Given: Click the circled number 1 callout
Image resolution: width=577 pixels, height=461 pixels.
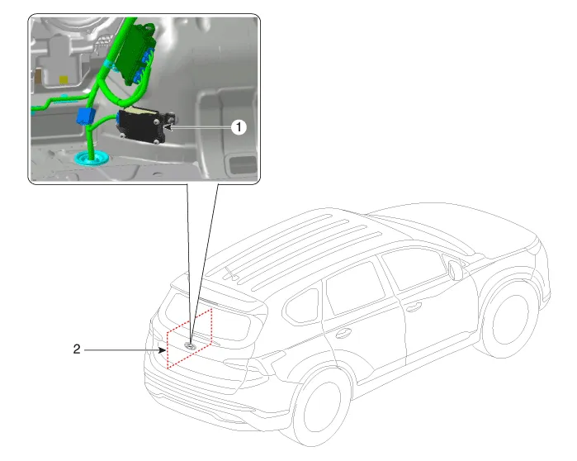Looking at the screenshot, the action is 239,127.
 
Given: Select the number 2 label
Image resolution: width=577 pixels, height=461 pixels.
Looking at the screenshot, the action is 77,349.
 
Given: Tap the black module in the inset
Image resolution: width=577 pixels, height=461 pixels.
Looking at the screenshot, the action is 141,126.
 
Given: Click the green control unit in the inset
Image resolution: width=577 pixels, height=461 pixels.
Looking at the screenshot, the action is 135,55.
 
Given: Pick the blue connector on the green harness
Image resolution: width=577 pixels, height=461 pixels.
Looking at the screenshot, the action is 85,116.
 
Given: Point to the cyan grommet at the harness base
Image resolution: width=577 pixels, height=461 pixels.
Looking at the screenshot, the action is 92,159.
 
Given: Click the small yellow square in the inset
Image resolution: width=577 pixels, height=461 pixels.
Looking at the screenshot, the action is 64,80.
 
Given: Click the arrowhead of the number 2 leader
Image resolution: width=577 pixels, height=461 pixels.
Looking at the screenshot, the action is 163,349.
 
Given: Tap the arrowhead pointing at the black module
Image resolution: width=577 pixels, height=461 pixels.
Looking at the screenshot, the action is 168,127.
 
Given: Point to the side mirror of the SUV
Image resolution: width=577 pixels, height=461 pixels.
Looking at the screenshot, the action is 456,270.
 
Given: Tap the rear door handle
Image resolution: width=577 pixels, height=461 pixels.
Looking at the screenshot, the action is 343,334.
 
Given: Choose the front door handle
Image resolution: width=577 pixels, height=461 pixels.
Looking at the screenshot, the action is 414,307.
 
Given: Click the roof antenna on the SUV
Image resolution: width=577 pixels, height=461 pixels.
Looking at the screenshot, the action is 230,273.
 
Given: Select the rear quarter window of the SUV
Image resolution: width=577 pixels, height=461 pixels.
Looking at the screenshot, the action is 302,307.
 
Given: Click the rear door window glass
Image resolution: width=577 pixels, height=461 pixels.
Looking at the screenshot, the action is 356,288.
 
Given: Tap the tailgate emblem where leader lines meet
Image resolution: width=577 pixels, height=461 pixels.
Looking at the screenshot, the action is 190,345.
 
